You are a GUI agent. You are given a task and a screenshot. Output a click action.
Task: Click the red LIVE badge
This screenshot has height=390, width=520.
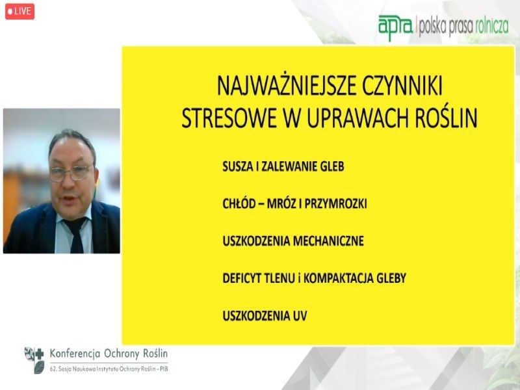point(19,11)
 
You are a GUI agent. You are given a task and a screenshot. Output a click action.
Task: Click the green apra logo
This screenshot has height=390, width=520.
point(396,27)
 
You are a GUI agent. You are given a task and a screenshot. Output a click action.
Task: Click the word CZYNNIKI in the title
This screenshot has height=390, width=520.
point(402,86)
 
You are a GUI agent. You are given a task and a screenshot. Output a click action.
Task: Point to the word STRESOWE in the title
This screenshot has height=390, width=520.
point(229,118)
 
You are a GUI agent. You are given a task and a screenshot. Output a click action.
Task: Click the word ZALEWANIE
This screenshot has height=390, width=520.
point(289,166)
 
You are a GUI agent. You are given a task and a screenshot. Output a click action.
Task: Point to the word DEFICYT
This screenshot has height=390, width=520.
point(242,278)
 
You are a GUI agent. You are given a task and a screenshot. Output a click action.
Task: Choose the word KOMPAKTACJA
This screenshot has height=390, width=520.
point(339,278)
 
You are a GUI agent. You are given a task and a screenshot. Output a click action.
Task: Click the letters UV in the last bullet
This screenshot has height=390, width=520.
point(300,316)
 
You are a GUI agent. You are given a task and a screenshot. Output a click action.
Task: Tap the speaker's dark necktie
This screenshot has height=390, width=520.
point(76,235)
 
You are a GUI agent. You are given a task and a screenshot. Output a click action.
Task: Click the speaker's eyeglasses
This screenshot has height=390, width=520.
point(71,172)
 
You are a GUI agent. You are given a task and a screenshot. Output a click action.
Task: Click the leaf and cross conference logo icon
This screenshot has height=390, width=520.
point(34,360)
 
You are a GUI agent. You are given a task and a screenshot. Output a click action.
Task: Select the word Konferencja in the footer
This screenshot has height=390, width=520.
point(75,354)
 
